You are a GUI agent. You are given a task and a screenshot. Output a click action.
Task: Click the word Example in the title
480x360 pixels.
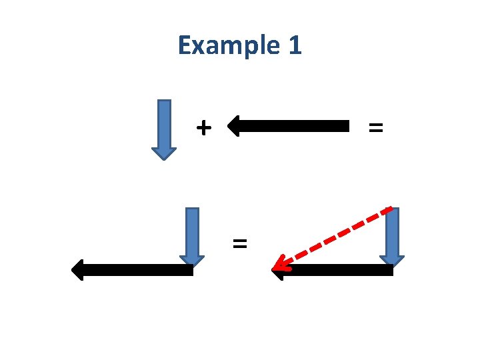click(x=221, y=45)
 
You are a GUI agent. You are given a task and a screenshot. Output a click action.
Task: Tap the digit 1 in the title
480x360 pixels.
click(x=295, y=45)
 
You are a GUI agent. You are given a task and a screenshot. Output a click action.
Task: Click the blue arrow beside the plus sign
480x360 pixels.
click(x=163, y=127)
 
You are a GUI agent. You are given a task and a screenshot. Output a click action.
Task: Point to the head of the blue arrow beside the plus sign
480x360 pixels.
click(x=163, y=153)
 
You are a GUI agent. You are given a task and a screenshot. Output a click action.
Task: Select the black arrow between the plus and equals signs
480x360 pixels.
click(x=293, y=125)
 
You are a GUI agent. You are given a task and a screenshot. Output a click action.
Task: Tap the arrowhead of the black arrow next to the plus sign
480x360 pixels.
click(x=235, y=125)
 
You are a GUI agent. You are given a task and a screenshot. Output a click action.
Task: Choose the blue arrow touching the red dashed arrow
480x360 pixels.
click(x=393, y=233)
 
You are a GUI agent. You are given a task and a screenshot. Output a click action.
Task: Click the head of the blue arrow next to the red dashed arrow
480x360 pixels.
click(x=393, y=261)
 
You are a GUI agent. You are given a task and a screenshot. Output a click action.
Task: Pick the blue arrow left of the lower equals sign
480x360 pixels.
click(x=192, y=233)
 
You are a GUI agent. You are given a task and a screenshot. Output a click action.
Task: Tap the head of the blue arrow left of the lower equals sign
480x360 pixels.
click(x=192, y=261)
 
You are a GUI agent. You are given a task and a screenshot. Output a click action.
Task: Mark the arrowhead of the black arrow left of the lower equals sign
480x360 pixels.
click(x=79, y=270)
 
